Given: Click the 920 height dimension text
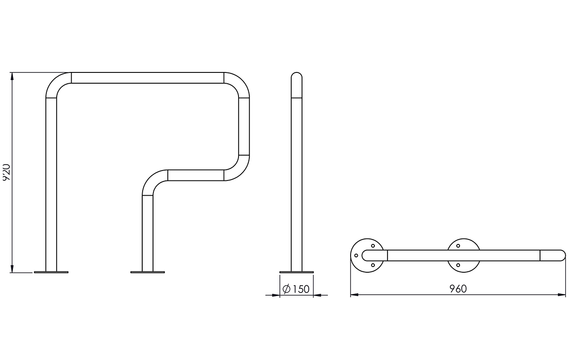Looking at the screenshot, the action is (6, 172).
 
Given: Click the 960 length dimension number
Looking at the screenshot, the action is (458, 289).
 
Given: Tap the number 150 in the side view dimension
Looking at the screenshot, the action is (301, 289).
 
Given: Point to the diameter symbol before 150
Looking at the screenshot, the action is (287, 289).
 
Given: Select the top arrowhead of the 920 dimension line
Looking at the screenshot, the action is (12, 76).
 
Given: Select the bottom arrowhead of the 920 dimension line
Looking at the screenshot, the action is (12, 269).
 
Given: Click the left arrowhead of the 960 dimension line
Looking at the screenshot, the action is (354, 295).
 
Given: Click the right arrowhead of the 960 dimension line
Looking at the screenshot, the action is (562, 295).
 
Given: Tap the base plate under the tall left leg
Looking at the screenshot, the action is (51, 272).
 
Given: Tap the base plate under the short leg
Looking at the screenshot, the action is (148, 272).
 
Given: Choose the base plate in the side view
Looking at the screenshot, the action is (297, 272).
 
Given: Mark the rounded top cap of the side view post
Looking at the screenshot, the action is (297, 75).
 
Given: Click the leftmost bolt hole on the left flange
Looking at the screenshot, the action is (356, 255).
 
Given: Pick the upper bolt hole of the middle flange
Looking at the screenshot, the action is (458, 246).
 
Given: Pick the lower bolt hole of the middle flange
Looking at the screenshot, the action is (458, 265).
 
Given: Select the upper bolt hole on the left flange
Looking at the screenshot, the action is (373, 246).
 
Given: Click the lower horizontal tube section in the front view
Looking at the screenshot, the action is (196, 175).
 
